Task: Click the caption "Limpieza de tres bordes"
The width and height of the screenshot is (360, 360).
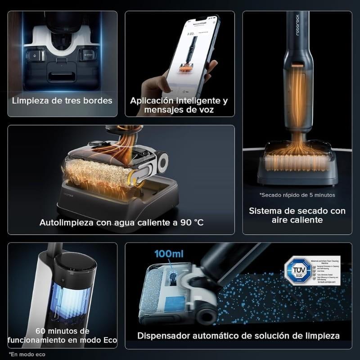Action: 62,100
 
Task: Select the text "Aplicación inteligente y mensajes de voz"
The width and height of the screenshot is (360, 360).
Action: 179,104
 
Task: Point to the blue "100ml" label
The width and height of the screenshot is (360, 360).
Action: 169,254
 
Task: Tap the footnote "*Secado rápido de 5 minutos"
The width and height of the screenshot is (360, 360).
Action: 297,195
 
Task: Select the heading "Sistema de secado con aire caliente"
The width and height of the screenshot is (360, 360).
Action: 297,215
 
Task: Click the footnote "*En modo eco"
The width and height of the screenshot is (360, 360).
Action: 27,354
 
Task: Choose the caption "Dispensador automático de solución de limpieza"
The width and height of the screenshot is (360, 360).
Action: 238,336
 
